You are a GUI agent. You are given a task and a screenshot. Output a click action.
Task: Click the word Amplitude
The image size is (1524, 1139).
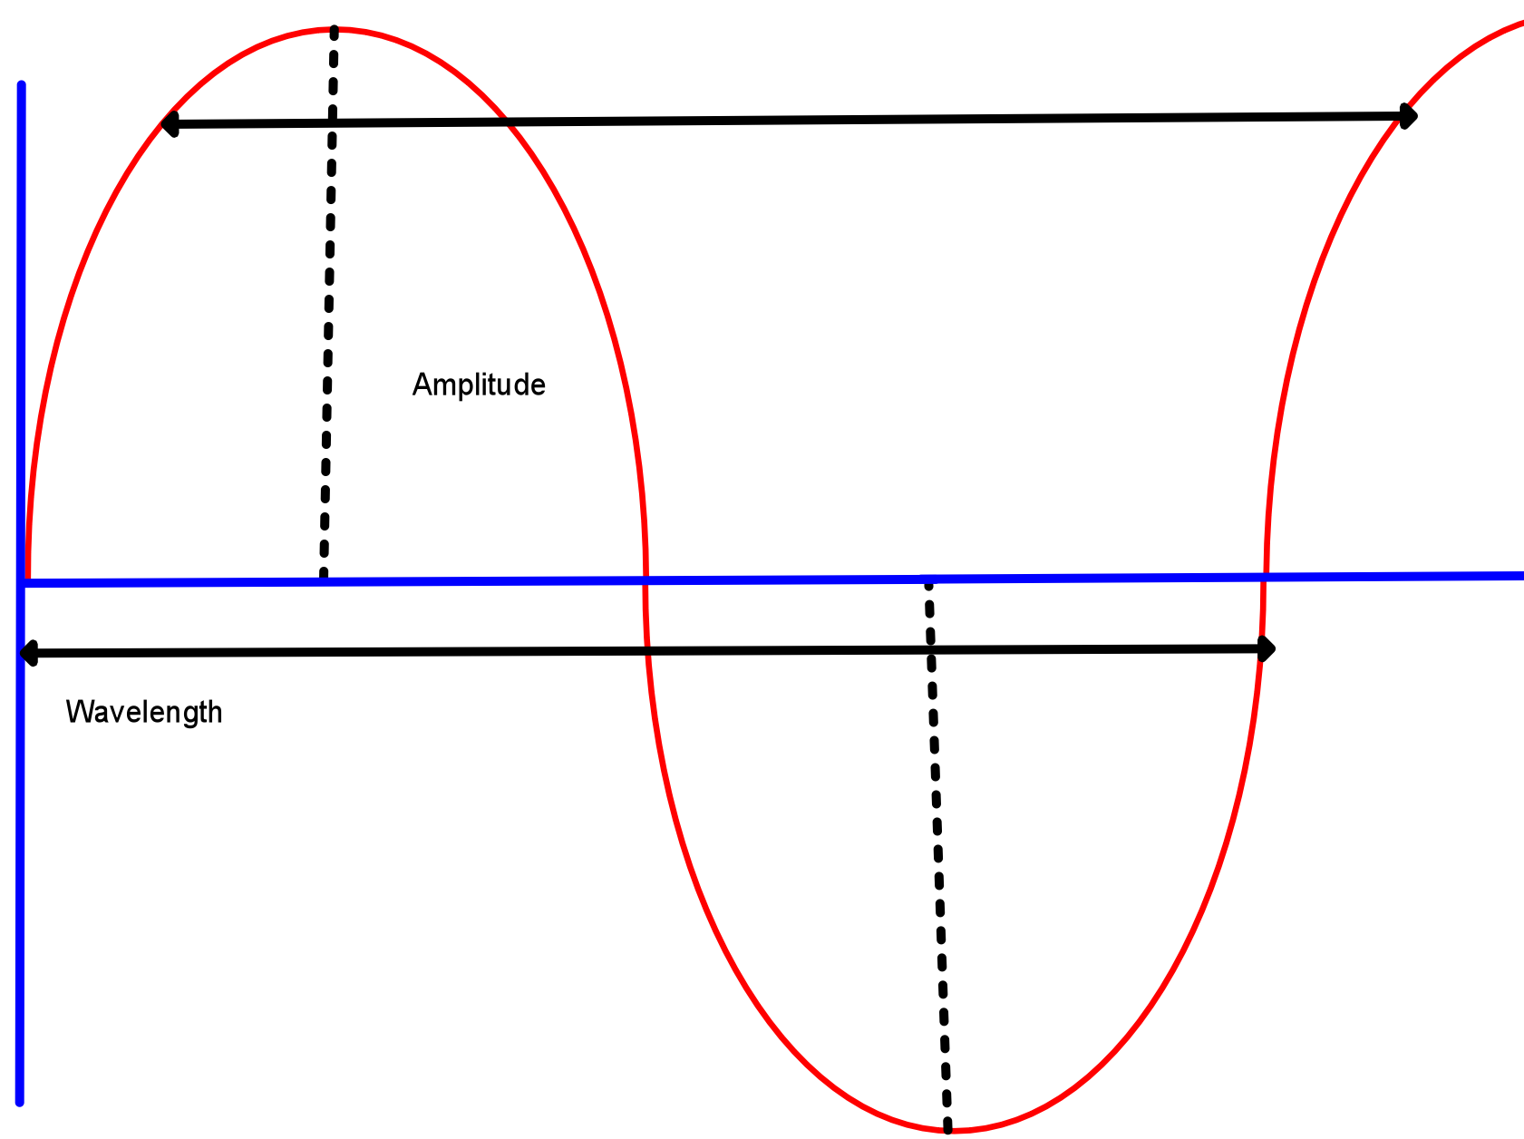point(479,385)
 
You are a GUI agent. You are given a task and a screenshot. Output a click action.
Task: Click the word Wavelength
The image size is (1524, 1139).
point(144,713)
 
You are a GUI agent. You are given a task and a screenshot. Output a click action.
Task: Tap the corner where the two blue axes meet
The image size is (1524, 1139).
point(23,582)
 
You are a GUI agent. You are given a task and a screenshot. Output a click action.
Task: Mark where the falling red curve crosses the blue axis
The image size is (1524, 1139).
point(645,579)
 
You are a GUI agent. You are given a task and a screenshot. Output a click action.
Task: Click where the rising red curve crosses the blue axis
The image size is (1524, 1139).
point(1264,577)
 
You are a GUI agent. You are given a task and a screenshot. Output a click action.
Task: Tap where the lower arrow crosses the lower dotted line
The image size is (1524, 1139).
point(931,650)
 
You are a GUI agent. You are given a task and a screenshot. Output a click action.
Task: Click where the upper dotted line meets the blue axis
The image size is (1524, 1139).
point(324,579)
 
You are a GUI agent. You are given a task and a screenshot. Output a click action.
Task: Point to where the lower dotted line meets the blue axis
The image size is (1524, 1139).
point(928,579)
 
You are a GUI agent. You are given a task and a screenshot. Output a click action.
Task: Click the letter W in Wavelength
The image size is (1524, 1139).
point(76,713)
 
